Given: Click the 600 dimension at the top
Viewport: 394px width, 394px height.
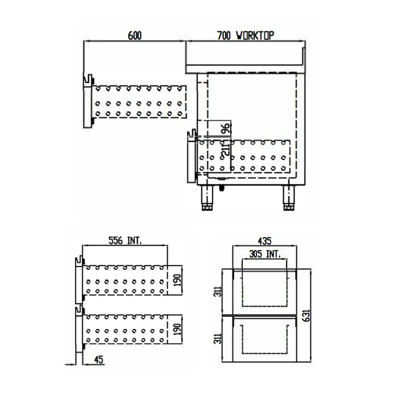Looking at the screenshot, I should [x=135, y=36].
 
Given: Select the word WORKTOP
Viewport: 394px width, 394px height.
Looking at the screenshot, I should [x=255, y=35].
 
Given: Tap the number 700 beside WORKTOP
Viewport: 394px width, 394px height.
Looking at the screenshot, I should [x=224, y=36].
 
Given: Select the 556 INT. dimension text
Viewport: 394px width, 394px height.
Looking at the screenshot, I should [x=125, y=241].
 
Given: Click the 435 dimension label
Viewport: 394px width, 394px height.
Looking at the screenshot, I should [x=264, y=241].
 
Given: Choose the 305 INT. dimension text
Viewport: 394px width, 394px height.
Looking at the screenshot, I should [x=264, y=254].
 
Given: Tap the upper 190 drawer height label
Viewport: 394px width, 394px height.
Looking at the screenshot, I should [x=177, y=280].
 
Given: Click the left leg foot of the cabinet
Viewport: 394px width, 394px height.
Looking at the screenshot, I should [x=207, y=207].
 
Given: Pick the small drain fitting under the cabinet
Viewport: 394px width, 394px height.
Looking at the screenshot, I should [x=222, y=188].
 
